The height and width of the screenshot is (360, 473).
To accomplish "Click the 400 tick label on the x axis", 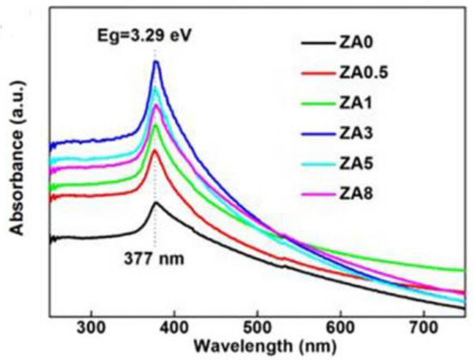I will (174, 326).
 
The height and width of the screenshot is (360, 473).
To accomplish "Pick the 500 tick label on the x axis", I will (257, 326).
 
